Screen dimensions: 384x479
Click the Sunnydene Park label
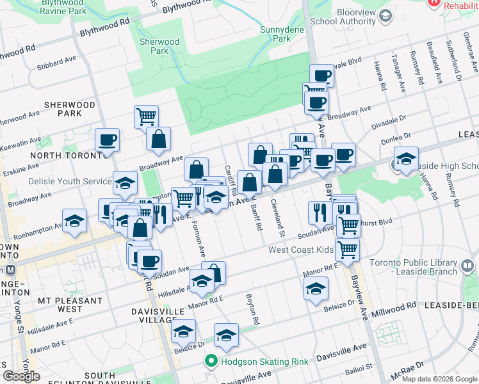click(276, 33)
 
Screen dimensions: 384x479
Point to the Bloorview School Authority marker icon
click(386, 15)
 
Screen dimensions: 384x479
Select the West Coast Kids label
click(302, 250)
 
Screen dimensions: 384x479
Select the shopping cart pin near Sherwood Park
click(146, 116)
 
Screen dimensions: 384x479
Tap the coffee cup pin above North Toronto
click(107, 140)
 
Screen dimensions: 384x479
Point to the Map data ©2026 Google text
click(438, 379)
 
